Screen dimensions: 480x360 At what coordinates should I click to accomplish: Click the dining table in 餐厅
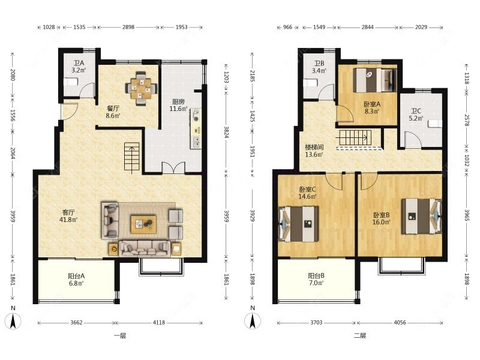[x=141, y=88]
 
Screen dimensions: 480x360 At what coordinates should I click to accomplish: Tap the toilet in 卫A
[x=71, y=82]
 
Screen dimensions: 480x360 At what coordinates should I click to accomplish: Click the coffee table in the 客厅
[x=143, y=224]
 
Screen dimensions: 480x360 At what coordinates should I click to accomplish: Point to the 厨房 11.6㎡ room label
[x=178, y=105]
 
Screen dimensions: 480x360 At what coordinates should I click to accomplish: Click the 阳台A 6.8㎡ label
[x=76, y=280]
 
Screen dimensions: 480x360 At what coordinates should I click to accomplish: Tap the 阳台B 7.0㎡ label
[x=316, y=279]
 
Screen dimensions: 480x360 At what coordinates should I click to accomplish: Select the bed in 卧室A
[x=374, y=80]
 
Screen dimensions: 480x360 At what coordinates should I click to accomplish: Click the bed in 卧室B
[x=422, y=216]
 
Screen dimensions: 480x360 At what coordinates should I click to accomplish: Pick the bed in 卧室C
[x=298, y=224]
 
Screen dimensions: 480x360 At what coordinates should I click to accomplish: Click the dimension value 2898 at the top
[x=128, y=27]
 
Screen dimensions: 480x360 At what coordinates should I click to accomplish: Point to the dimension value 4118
[x=158, y=322]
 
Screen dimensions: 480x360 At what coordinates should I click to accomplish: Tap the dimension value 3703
[x=316, y=322]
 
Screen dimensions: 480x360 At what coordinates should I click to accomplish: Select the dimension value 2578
[x=467, y=120]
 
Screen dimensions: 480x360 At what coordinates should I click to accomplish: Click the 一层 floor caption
[x=120, y=336]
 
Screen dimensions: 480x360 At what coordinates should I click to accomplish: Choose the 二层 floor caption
[x=360, y=335]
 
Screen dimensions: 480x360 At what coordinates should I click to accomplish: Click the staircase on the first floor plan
[x=132, y=157]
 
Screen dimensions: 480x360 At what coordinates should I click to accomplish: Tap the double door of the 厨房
[x=173, y=167]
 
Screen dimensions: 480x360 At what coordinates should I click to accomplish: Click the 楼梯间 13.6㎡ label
[x=314, y=151]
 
